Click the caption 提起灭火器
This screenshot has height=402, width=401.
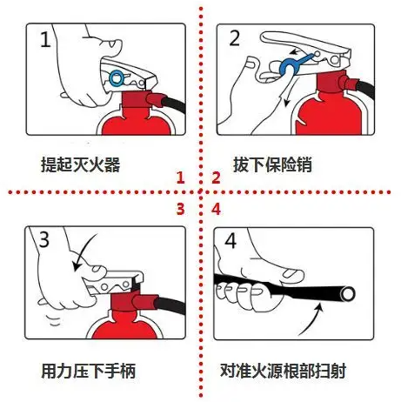[x=80, y=164]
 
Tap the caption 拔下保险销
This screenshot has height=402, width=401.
[x=272, y=164]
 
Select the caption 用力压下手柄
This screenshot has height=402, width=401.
[x=89, y=371]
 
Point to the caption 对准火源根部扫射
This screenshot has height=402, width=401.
[x=283, y=371]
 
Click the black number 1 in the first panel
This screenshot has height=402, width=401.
[x=45, y=39]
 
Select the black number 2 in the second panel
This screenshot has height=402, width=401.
[x=234, y=38]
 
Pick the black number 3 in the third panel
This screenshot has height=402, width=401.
[x=44, y=239]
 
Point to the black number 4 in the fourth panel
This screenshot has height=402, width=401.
[x=231, y=240]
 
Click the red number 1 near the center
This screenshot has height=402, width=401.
[x=181, y=178]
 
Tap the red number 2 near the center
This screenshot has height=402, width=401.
[x=216, y=178]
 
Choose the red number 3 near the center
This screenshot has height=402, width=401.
[x=180, y=209]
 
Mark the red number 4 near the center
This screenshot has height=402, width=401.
[x=217, y=209]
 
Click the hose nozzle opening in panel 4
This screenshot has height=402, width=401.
[x=347, y=294]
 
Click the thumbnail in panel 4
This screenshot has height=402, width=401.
[x=292, y=272]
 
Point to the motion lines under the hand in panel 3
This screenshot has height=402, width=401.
[x=54, y=320]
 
